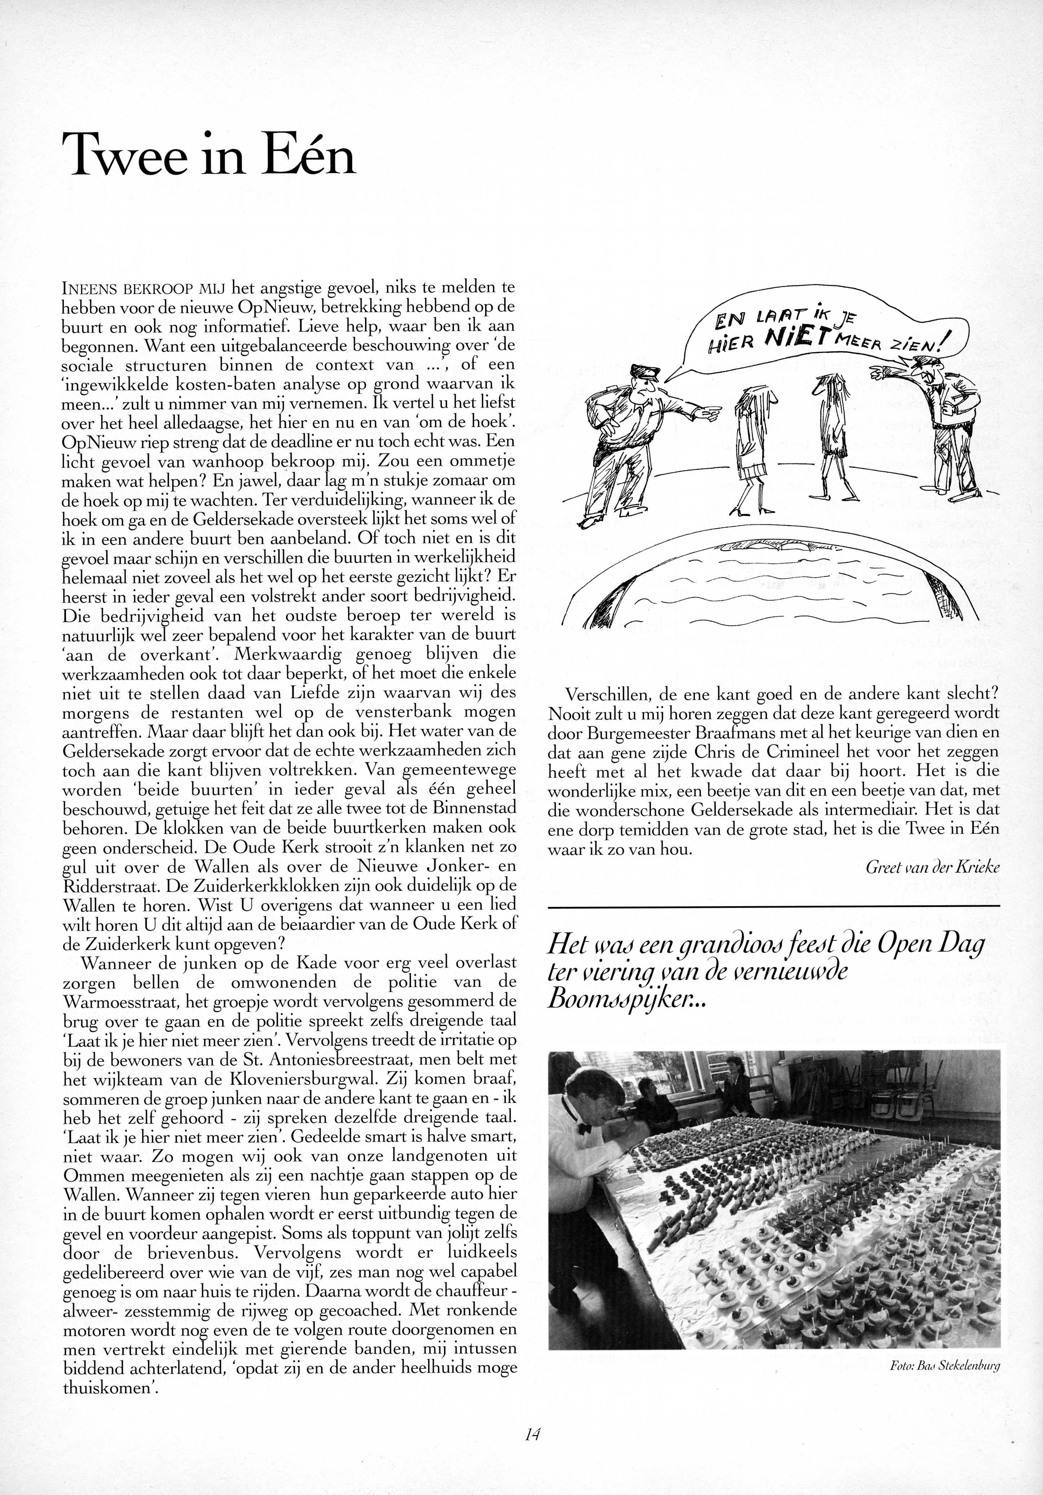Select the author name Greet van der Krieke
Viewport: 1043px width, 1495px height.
[932, 867]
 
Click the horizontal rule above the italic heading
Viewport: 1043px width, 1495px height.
[774, 906]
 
